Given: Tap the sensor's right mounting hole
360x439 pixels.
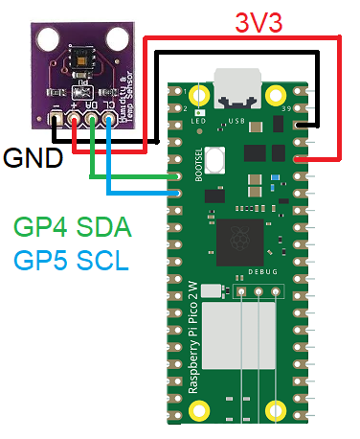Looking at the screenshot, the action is click(118, 40).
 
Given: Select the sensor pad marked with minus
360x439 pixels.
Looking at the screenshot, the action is click(56, 120).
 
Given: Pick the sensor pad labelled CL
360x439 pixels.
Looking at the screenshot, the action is click(109, 120).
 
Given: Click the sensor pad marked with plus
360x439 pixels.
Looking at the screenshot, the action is click(75, 120).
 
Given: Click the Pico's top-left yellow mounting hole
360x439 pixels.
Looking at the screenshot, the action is click(199, 95).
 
